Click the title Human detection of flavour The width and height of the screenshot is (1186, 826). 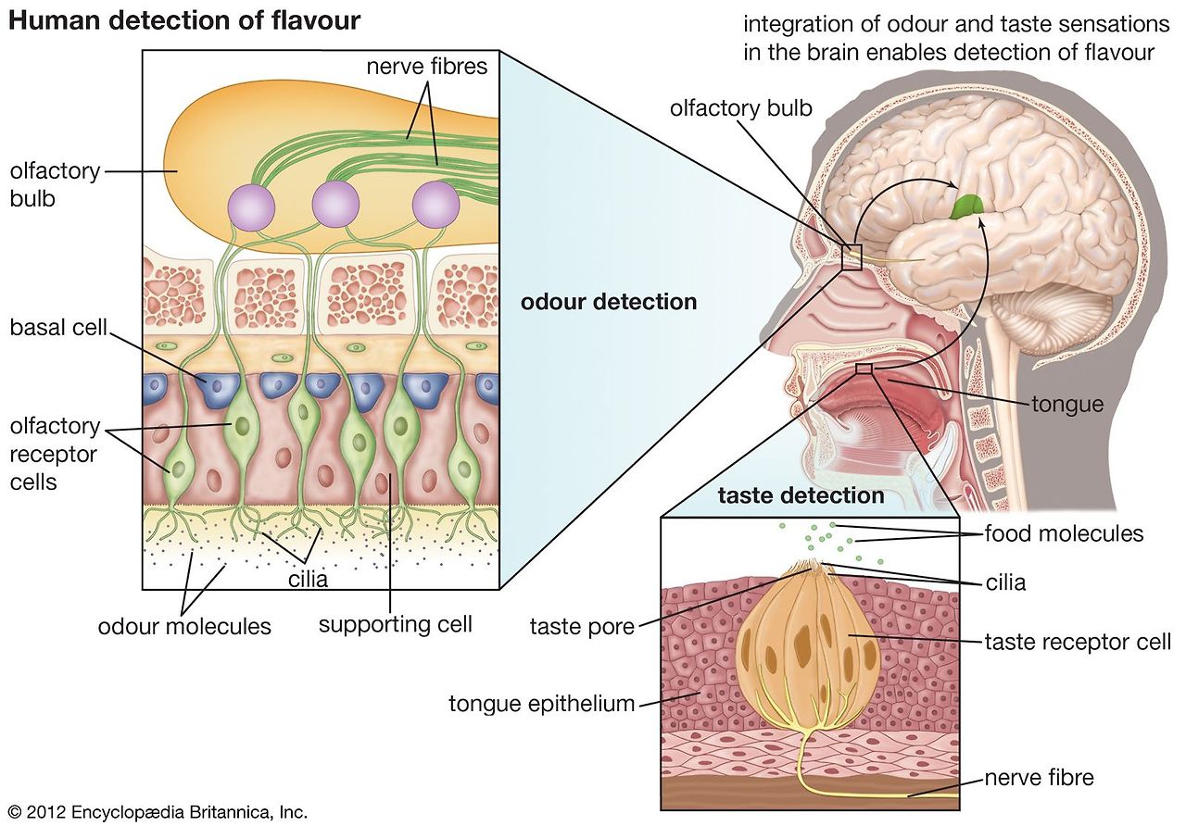(x=183, y=20)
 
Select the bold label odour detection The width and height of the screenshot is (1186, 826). (x=608, y=302)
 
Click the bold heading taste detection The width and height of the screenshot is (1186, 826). (x=801, y=495)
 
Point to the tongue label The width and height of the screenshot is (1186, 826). (x=1067, y=404)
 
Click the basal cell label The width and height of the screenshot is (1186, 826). (x=59, y=328)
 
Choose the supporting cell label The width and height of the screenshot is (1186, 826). (x=395, y=623)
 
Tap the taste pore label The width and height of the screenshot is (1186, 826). (x=582, y=627)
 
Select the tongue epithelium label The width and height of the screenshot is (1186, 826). (x=542, y=704)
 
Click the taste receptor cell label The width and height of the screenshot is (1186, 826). (x=1078, y=641)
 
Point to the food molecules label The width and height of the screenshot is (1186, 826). (x=1064, y=533)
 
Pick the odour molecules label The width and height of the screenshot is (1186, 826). (x=184, y=626)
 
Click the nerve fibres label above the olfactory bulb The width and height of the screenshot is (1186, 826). (x=426, y=67)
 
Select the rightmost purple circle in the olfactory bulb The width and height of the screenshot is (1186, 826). (x=435, y=204)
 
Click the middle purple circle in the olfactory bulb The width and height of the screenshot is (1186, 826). (x=335, y=204)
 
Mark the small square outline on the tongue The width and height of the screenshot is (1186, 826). (x=864, y=369)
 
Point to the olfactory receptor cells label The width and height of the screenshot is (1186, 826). (x=56, y=454)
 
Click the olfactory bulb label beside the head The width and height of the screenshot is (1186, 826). (x=740, y=108)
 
